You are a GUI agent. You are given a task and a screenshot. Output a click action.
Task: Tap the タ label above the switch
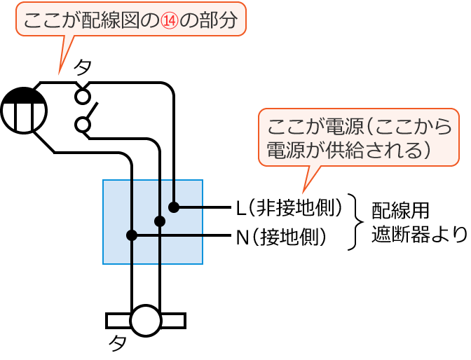pos(83,67)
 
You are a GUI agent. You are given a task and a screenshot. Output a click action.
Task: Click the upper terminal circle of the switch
pos(83,95)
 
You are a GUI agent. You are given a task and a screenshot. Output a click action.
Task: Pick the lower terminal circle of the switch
pos(83,125)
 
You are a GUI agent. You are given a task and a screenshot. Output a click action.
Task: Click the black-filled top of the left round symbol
pos(23,96)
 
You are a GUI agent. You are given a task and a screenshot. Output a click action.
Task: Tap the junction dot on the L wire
pos(173,207)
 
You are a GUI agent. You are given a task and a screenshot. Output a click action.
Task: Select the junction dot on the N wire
pos(131,235)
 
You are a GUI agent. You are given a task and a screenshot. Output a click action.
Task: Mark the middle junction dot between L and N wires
pos(160,221)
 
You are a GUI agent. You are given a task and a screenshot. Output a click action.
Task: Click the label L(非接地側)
pos(289,207)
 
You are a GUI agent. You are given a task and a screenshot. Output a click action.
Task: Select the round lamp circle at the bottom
pos(146,321)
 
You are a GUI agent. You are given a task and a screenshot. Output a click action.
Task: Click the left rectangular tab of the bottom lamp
pos(118,321)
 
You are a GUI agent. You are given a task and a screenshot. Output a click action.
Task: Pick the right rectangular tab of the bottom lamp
pos(174,321)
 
